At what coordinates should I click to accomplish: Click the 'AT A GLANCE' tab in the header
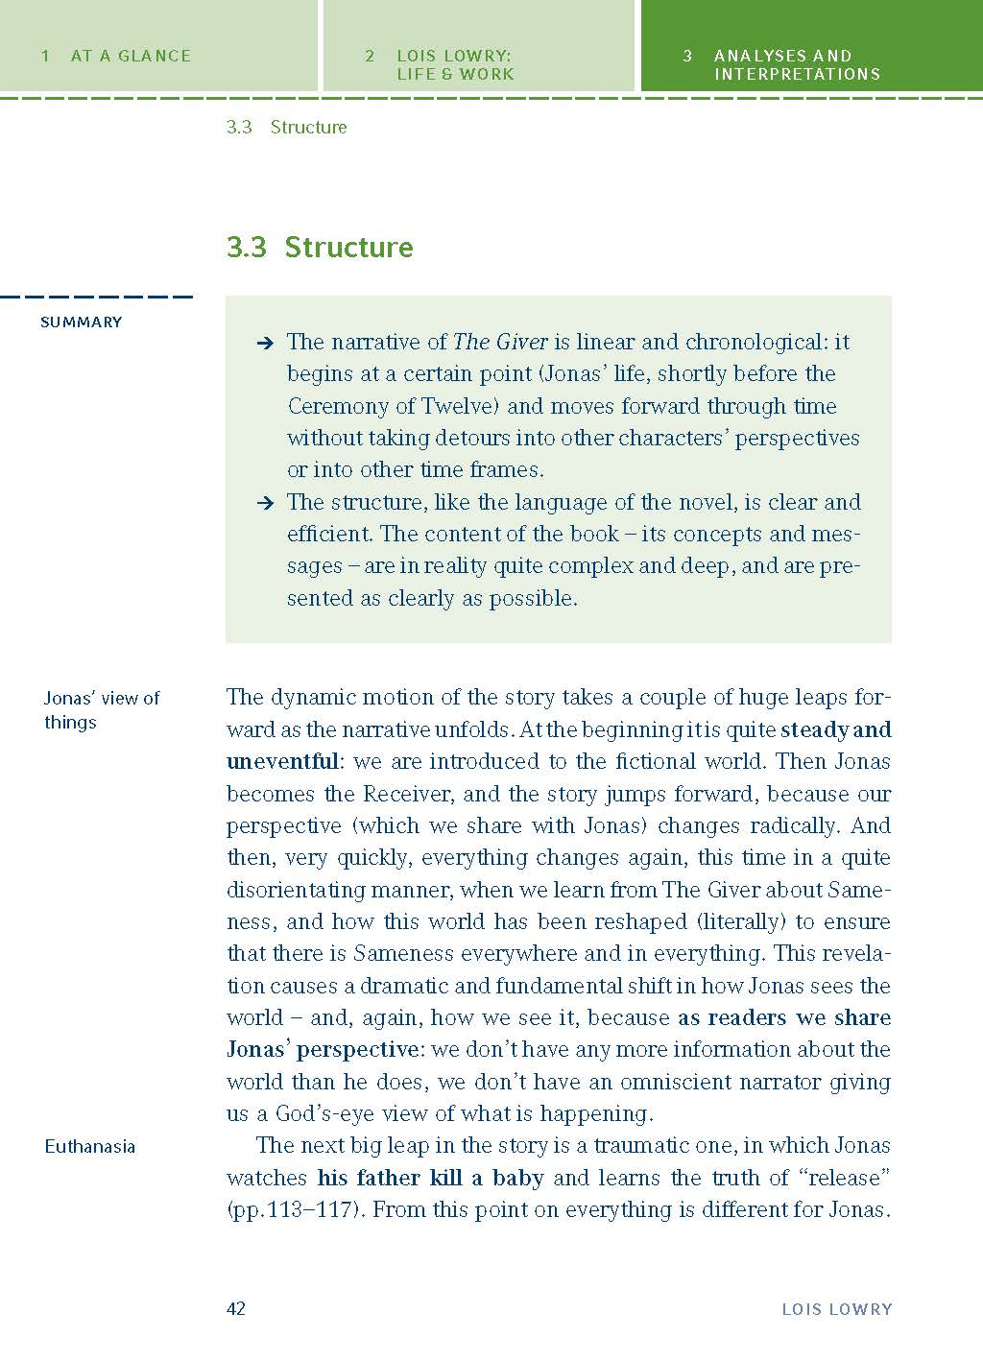point(131,56)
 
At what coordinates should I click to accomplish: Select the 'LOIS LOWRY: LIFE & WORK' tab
point(455,64)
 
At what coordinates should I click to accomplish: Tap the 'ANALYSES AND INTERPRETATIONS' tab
point(796,64)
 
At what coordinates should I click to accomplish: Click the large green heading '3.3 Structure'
point(320,247)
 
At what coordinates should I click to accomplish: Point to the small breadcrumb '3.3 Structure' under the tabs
point(286,127)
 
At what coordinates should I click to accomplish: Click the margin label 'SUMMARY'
point(82,322)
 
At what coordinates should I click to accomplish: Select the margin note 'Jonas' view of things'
point(102,709)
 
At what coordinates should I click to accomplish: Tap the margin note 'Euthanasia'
point(90,1146)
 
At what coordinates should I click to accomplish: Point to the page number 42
point(236,1308)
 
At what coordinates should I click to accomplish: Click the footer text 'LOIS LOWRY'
point(836,1308)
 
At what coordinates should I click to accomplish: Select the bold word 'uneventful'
point(282,762)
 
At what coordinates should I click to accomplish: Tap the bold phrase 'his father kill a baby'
point(430,1178)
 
